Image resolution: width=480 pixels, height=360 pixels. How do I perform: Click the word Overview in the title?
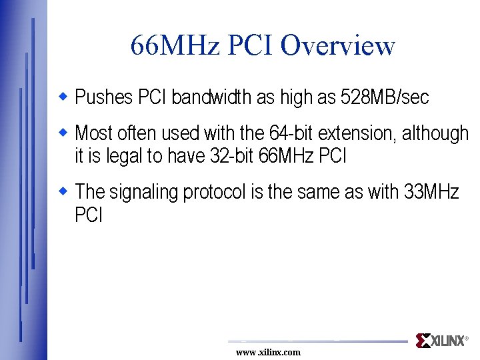(338, 46)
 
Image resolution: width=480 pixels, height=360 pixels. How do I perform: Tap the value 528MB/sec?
(385, 98)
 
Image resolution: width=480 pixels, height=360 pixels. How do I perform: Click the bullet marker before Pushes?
(64, 97)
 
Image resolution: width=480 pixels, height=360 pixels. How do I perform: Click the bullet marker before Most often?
(64, 132)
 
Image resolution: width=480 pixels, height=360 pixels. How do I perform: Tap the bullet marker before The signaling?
(64, 191)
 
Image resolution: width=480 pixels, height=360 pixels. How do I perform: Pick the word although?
(435, 133)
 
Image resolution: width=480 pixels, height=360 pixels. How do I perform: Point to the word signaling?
(144, 193)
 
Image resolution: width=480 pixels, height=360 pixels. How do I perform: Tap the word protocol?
(215, 193)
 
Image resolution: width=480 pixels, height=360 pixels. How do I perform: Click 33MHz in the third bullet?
(431, 193)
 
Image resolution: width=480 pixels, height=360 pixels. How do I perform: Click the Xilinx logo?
(440, 341)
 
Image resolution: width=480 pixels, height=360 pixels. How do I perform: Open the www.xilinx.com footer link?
(268, 352)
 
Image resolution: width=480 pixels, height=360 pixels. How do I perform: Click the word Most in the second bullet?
(91, 133)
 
